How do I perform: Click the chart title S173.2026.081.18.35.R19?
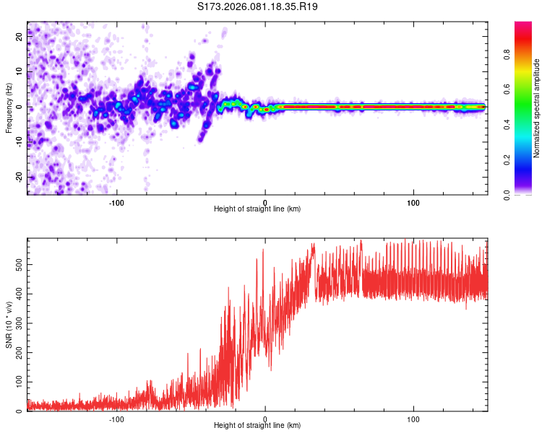(258, 7)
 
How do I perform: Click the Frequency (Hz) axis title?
(9, 108)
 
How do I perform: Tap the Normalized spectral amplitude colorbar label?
(537, 108)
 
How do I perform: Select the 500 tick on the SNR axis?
(17, 264)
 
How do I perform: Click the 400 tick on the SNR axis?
(17, 294)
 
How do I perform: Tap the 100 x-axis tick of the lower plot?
(414, 418)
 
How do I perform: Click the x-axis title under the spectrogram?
(257, 209)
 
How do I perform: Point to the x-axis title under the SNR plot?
(257, 426)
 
